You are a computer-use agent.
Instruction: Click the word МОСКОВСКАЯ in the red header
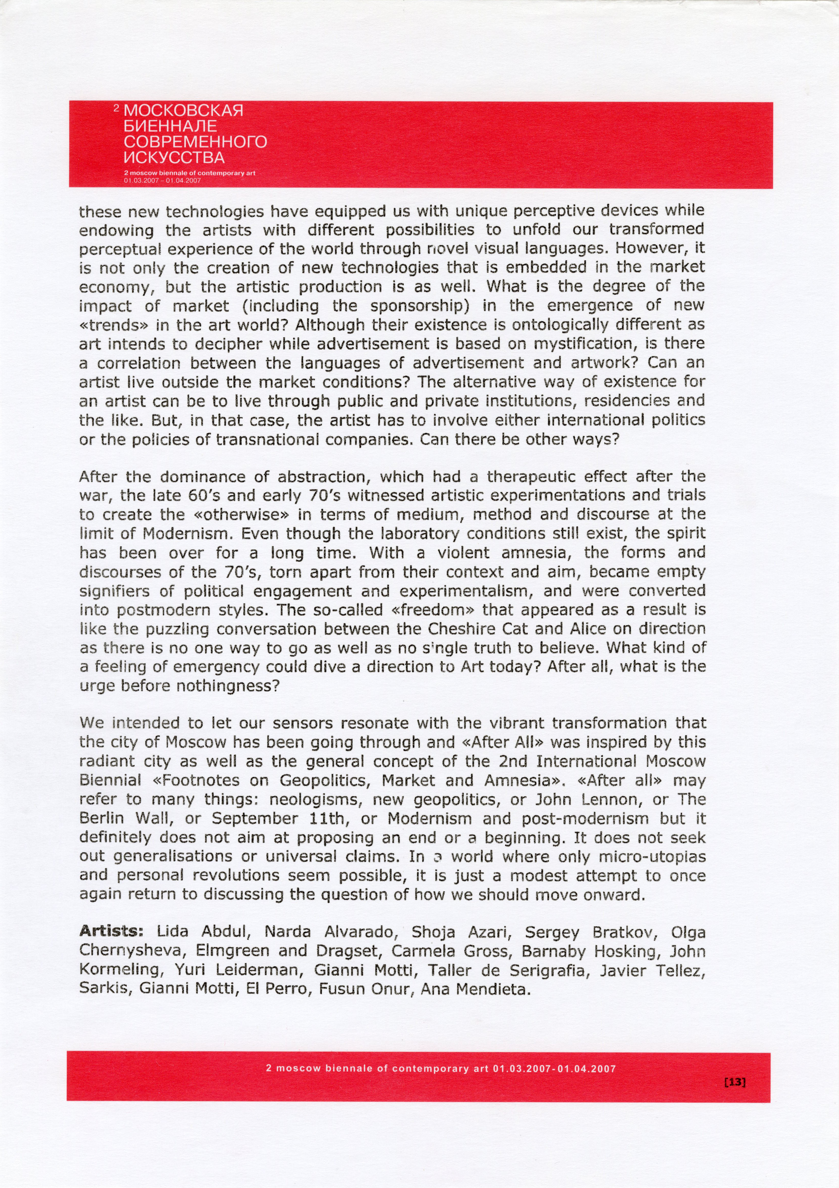click(x=184, y=111)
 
